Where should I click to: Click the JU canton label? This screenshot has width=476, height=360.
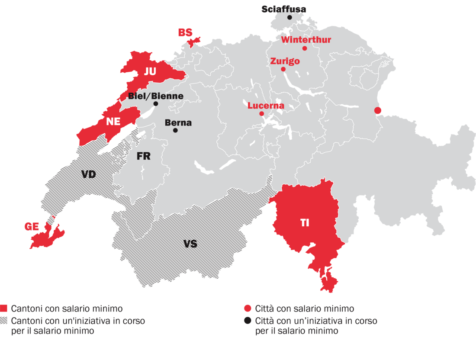coord(150,72)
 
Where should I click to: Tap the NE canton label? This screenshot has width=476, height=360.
coord(113,122)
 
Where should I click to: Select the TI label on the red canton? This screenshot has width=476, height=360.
coord(305,223)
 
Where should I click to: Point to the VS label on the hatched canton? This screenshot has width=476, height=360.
coord(190,244)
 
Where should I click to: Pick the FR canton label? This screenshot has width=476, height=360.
coord(143,156)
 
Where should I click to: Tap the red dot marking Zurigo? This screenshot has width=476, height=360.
coord(283,69)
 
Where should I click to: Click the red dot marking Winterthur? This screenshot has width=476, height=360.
coord(305,48)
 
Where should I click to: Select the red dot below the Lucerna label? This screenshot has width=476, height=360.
coord(261,114)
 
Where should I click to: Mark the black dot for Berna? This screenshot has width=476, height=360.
coord(175,130)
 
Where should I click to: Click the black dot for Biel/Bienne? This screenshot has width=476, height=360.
coord(155,104)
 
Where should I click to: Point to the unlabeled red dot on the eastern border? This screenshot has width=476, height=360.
coord(378,110)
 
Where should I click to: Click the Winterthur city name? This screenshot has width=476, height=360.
coord(306,40)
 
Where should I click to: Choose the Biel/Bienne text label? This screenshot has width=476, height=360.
coord(155,96)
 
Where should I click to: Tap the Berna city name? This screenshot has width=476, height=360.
coord(178,123)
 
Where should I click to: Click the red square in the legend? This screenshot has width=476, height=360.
coord(4,309)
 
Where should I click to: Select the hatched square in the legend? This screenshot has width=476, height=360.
coord(4,321)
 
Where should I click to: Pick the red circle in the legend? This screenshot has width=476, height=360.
coord(248,309)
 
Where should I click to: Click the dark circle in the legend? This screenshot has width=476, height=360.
coord(248,321)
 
